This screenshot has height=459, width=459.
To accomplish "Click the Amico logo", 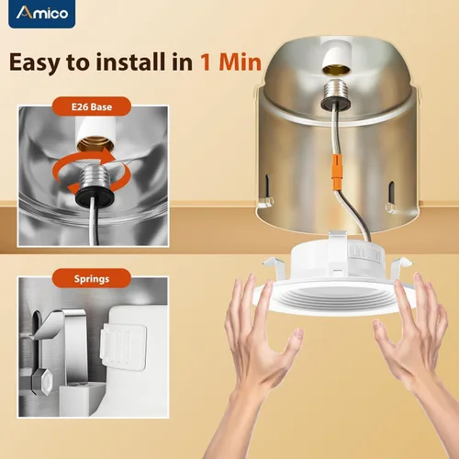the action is [42, 14].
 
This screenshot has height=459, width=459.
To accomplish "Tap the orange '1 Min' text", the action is [231, 62].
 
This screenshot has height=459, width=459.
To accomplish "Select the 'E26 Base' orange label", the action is [92, 106].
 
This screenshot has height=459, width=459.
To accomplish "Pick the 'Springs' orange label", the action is [92, 278].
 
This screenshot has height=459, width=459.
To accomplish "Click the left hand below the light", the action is [260, 361].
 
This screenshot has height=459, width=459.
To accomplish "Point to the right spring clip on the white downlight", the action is [401, 264].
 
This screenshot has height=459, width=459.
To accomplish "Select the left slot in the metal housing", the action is [267, 185].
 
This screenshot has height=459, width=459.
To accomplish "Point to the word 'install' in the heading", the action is [130, 62].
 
